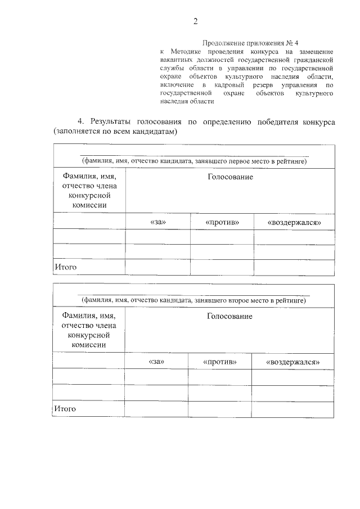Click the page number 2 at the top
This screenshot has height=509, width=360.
click(195, 21)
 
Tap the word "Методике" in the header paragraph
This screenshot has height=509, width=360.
click(190, 51)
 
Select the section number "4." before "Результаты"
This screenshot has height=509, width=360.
click(81, 121)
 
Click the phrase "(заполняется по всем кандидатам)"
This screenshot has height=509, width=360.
click(115, 132)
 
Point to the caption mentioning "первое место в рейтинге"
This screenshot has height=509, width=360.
click(194, 161)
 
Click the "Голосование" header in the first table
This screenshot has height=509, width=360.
click(230, 177)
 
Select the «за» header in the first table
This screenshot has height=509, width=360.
click(158, 222)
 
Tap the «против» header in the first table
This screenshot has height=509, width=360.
click(222, 222)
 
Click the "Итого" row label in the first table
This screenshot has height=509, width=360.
click(65, 267)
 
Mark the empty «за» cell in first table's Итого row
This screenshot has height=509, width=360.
click(158, 267)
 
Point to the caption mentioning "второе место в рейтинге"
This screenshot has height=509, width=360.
click(194, 300)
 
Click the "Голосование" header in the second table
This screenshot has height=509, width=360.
click(229, 316)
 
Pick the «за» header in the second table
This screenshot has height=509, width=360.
click(156, 361)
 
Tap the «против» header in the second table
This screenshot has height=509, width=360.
click(219, 361)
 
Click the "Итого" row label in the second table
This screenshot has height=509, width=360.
click(65, 408)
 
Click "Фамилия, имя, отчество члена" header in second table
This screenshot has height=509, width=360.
click(89, 321)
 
